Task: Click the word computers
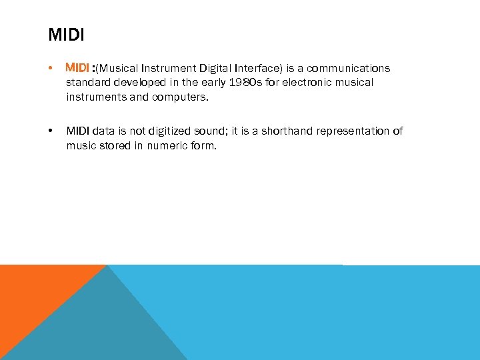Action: point(181,97)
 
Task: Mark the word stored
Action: point(109,145)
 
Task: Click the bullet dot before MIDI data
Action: point(51,131)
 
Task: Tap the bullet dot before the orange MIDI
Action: point(51,69)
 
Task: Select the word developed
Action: point(136,83)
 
